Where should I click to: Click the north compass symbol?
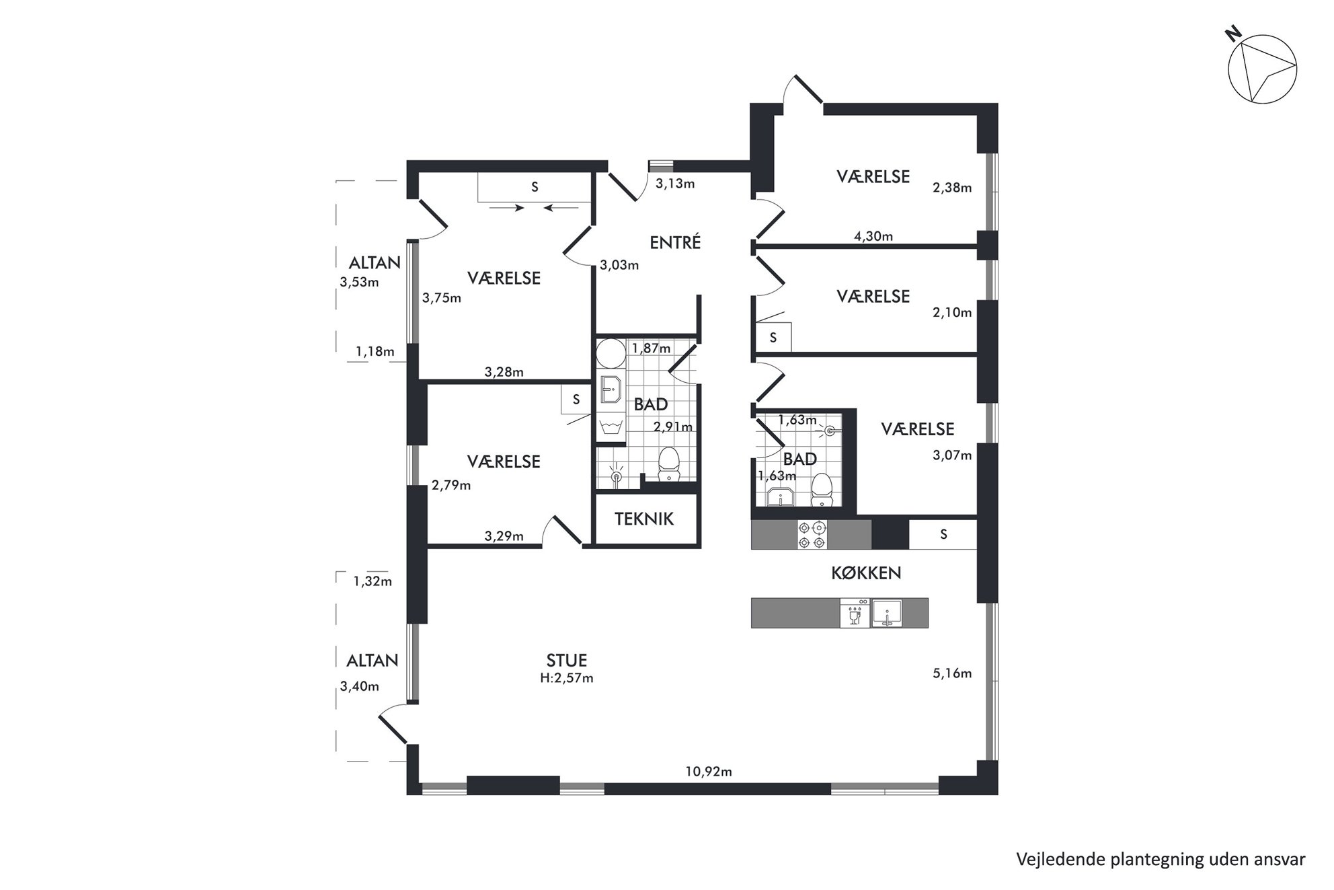1262,70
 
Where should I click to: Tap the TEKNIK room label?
644,519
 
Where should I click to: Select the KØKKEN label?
866,573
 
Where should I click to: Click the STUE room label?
567,661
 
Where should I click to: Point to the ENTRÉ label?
675,242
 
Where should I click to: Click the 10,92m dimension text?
709,772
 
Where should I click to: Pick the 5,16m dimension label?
952,673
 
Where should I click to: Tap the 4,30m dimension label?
873,236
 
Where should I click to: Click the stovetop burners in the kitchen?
812,535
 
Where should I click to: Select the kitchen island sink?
888,614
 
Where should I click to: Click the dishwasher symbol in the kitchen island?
855,614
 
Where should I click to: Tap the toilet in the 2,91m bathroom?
668,464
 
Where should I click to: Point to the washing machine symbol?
612,428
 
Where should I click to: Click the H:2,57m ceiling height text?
567,678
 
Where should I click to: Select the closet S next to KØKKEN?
943,535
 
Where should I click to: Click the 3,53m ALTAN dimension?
359,282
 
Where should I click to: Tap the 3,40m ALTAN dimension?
359,686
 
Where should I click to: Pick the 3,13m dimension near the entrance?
675,184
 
